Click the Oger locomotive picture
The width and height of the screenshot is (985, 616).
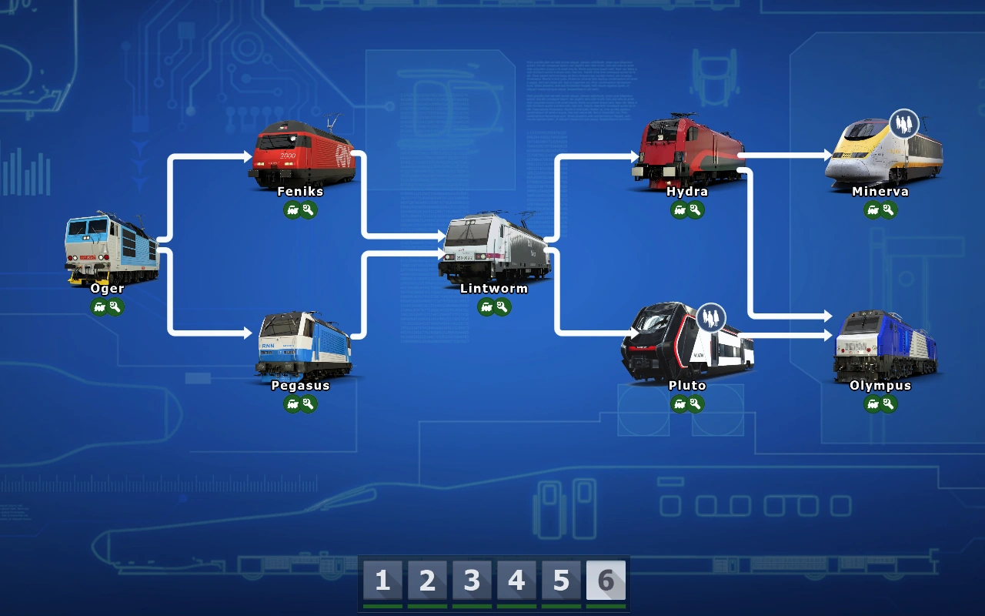[112, 248]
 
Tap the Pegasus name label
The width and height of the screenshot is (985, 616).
[300, 386]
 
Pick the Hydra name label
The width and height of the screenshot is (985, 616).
[687, 192]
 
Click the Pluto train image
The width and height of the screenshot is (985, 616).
[686, 344]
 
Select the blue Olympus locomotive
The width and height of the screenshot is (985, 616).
[884, 346]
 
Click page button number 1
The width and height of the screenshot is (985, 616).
[382, 581]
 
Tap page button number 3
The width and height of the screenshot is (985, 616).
[472, 581]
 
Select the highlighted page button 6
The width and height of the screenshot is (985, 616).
[606, 581]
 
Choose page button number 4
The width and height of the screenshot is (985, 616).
[516, 581]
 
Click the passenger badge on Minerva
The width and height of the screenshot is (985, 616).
[904, 123]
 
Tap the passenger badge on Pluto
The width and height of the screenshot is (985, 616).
[711, 316]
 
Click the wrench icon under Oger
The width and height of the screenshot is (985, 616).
[116, 307]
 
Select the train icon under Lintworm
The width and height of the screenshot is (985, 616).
[486, 307]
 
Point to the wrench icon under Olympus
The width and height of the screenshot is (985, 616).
[889, 404]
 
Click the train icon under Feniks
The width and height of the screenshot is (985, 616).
[292, 210]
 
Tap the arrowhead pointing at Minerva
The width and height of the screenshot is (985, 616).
[828, 156]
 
